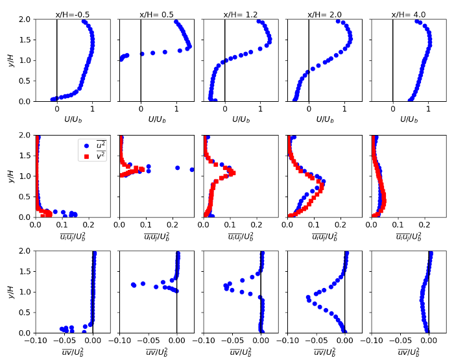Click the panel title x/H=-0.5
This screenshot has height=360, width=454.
coord(73,14)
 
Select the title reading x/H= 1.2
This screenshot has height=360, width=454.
coord(241,14)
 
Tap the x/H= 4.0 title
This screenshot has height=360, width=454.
coord(409,14)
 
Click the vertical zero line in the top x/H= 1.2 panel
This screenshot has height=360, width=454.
coord(225,58)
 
